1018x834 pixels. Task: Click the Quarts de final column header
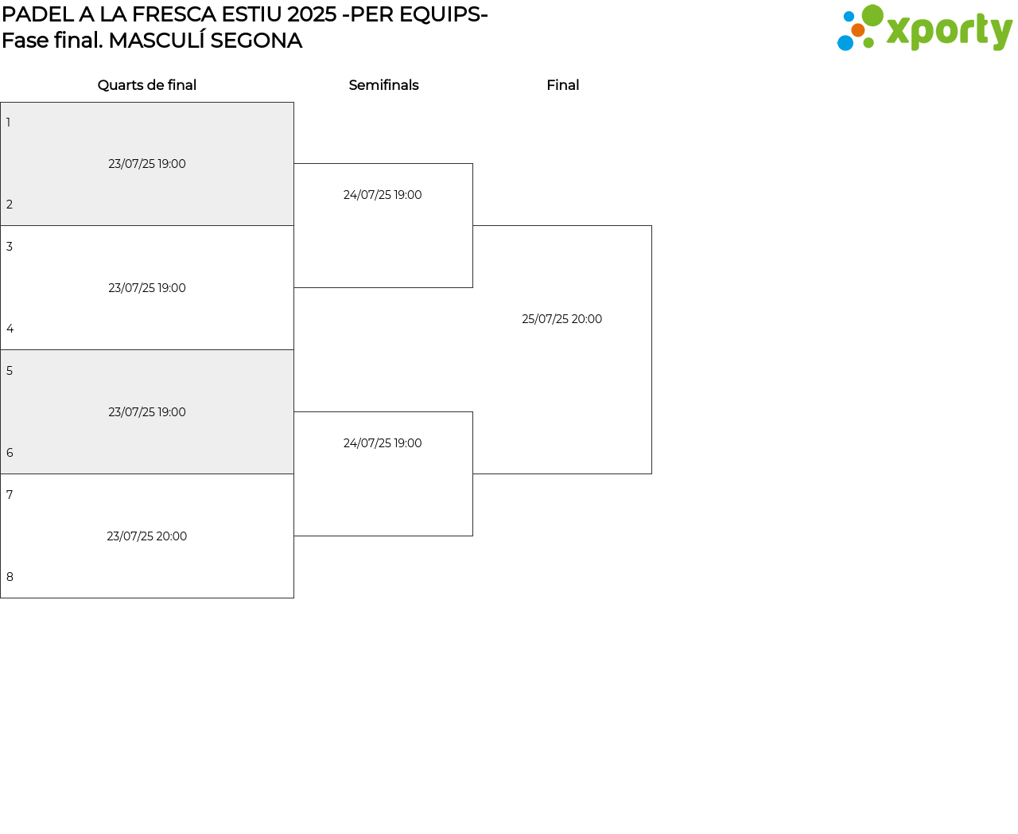[147, 85]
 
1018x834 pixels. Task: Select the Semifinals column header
[384, 85]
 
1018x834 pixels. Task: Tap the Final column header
[563, 85]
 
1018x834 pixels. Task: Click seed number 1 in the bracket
[8, 123]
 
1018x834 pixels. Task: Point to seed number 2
[10, 205]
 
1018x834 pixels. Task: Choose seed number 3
[10, 246]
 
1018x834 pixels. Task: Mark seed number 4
[10, 329]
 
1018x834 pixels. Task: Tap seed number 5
[10, 370]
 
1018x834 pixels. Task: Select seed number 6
[10, 453]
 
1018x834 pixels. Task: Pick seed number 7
[10, 494]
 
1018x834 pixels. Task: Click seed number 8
[10, 577]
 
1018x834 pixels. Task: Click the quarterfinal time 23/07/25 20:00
[147, 536]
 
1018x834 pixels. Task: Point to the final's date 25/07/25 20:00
[561, 319]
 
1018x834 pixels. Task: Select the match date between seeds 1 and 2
[147, 164]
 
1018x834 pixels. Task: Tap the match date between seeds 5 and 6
[147, 412]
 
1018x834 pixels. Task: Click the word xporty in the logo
[949, 31]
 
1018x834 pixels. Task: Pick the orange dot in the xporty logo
[858, 30]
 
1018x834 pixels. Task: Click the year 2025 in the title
[311, 14]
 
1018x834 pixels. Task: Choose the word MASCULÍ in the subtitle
[157, 40]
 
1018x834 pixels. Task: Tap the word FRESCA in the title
[173, 14]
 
